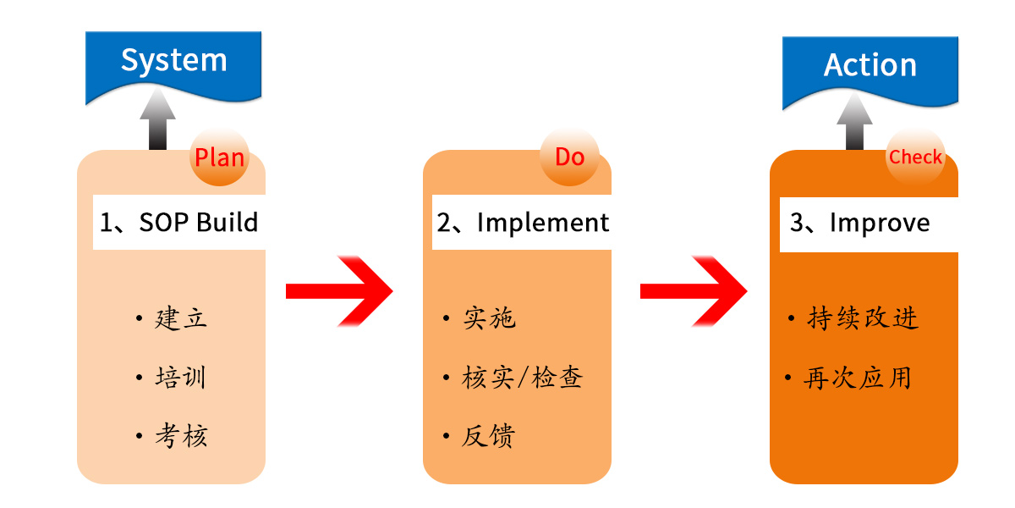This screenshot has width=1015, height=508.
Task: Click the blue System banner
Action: coord(173,63)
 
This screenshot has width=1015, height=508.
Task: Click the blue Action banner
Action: coord(870,68)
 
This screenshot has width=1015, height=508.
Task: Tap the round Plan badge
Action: coord(219,157)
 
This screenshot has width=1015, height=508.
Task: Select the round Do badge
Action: coord(569,157)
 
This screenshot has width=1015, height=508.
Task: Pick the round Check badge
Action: coord(915,157)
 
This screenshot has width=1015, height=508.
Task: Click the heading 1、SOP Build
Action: coord(178,223)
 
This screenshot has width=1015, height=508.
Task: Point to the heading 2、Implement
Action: coord(522,223)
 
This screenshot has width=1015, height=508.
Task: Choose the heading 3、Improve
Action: coord(859,224)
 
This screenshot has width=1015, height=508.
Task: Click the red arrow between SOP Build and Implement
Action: coord(340,291)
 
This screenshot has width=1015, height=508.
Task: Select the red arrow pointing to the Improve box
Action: coord(694,291)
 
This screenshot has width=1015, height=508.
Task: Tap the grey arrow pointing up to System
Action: coord(157,121)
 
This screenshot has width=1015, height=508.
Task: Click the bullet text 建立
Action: coord(181,319)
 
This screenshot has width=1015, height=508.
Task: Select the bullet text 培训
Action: coord(181,378)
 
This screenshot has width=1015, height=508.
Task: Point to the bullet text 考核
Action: coord(181,436)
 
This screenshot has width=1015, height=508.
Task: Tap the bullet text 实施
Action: coord(489,319)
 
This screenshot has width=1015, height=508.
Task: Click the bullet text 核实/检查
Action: coord(522,378)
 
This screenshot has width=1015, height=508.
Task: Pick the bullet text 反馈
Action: coord(489,436)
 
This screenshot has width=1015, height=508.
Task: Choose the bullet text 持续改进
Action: coord(863,319)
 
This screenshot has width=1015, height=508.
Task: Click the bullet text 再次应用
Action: coord(858,378)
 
